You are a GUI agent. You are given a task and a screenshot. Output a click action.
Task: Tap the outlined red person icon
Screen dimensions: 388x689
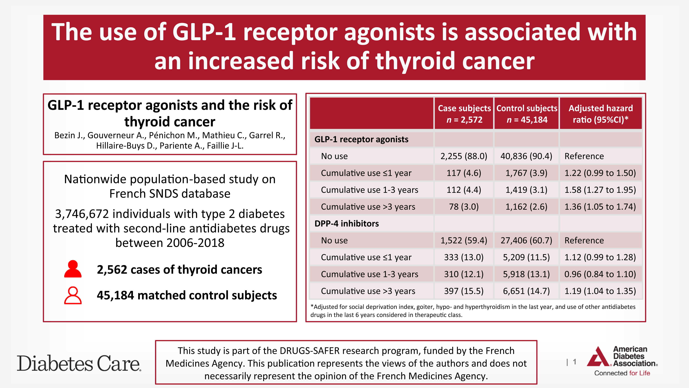73,295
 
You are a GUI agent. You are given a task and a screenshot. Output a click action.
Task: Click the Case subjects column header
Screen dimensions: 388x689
464,113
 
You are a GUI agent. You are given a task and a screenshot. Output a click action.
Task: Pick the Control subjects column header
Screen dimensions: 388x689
527,113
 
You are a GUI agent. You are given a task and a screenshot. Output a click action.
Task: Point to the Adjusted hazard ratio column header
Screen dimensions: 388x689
600,113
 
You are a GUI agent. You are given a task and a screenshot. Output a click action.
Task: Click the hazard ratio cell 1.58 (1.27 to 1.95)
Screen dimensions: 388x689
600,190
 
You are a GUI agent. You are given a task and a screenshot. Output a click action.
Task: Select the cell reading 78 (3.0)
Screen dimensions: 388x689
464,207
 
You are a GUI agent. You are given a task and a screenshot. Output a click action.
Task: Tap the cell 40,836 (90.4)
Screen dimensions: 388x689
526,156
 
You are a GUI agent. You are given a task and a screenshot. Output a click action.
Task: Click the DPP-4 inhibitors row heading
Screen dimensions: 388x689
347,224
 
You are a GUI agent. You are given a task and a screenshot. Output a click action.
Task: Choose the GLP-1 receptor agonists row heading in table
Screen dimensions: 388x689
361,139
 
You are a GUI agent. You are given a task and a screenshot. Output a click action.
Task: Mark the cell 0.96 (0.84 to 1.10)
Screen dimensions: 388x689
600,274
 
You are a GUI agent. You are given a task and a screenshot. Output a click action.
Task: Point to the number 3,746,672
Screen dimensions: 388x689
82,214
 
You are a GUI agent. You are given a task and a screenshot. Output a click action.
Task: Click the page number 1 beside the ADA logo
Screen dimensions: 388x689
574,362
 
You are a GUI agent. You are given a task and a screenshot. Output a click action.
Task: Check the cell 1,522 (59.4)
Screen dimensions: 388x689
464,240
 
